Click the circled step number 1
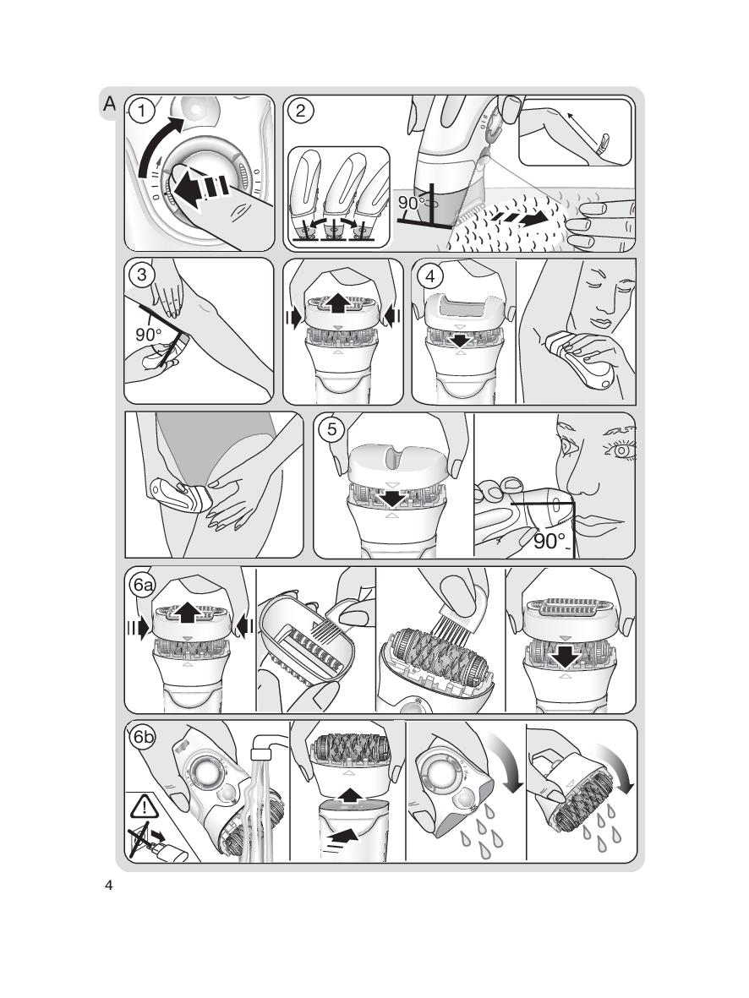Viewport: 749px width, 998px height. [x=142, y=112]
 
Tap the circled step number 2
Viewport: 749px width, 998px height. [x=300, y=112]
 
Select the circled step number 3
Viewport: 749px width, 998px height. [x=141, y=275]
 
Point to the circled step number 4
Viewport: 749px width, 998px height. [x=431, y=275]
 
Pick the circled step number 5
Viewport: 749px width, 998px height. [x=331, y=429]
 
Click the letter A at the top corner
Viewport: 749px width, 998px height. [x=110, y=103]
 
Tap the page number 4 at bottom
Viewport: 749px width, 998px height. [x=108, y=885]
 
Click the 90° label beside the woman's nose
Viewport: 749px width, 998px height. [x=549, y=541]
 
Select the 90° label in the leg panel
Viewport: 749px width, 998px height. [x=149, y=334]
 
